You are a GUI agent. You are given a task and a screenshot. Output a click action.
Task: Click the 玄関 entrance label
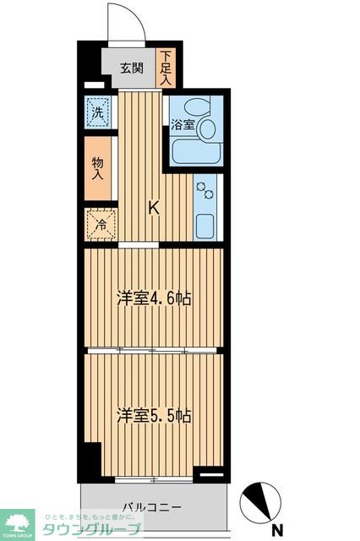(129, 68)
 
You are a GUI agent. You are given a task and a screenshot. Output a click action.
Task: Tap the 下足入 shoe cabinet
(166, 67)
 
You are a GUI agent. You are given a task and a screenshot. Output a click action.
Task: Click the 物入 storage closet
(97, 168)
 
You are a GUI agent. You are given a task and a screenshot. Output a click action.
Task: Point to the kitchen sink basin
(206, 226)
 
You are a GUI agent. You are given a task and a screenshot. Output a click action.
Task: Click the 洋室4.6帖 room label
(153, 298)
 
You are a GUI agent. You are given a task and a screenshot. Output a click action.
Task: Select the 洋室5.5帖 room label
(153, 415)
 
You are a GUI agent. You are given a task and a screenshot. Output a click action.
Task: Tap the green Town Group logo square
(17, 524)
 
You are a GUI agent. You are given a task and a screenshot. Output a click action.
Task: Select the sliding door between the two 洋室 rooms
(153, 349)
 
